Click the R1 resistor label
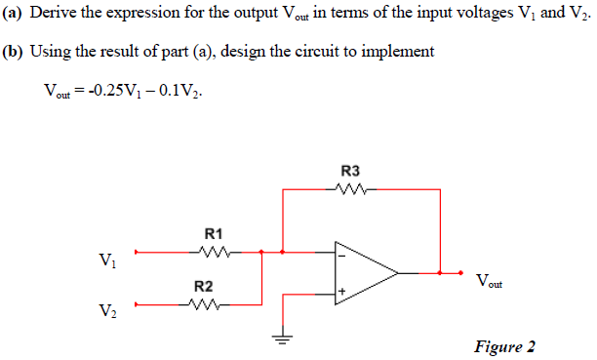click(215, 234)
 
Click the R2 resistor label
click(204, 286)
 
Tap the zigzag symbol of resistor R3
click(350, 189)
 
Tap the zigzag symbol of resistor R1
click(215, 253)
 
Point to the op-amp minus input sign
click(342, 256)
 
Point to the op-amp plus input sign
click(342, 293)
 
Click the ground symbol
click(283, 340)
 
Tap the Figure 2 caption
click(504, 346)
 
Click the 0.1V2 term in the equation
click(180, 92)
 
